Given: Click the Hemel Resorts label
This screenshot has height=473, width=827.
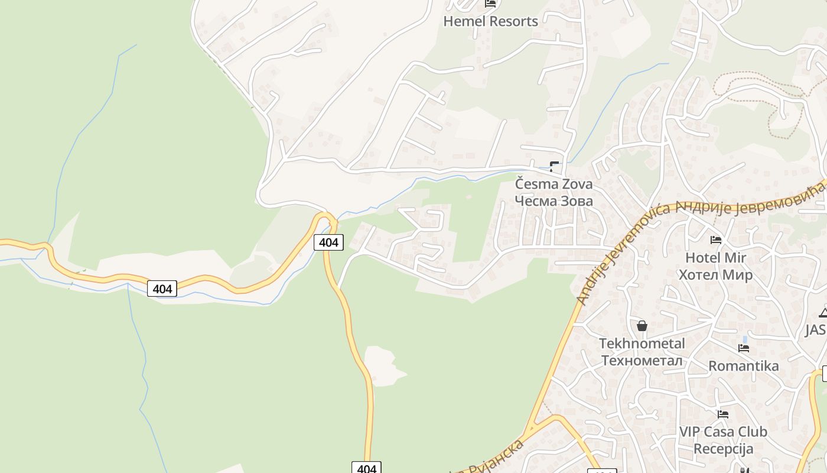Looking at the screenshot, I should point(490,21).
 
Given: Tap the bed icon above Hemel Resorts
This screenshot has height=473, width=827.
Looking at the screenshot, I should point(490,4).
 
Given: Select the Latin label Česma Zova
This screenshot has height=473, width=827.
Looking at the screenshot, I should point(553,184).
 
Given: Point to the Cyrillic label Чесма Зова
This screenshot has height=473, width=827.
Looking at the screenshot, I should point(553,201).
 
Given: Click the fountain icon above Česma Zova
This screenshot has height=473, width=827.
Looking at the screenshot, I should point(554,166).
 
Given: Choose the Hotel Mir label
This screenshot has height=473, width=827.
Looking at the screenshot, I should point(715,258).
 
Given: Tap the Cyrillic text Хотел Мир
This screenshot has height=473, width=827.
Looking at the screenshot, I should point(715,275).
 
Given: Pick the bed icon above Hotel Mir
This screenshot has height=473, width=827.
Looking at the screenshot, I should point(716,240).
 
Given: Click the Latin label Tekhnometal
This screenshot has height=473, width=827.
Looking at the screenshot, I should point(642,344).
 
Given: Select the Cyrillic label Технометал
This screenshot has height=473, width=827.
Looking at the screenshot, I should point(642,360).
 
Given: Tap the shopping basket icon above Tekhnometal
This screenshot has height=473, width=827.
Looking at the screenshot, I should point(642,326).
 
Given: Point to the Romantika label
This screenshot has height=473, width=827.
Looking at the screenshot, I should point(744,366).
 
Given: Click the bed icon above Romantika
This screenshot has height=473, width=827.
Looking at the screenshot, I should point(744,348).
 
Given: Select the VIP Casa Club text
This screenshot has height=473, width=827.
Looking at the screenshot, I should point(723,432).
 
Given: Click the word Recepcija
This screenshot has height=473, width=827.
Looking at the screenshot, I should point(723,449).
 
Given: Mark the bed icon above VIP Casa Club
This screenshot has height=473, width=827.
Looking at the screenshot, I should point(723,414).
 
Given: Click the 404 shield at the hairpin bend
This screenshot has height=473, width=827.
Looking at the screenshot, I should point(328,242).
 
